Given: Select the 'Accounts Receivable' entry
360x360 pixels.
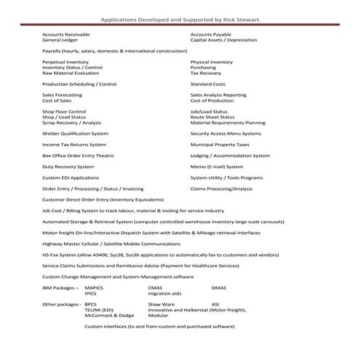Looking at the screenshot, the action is click(66, 34).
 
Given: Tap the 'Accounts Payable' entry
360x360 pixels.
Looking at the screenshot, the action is click(212, 34).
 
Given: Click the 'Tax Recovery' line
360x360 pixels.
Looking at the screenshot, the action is click(206, 73).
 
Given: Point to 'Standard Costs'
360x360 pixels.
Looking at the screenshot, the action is click(208, 84).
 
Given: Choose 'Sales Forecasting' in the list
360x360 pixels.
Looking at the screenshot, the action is click(63, 95).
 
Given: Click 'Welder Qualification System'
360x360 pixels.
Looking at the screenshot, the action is click(75, 133).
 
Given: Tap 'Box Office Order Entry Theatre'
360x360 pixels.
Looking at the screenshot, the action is click(78, 155).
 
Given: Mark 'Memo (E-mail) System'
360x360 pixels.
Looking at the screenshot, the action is click(222, 166).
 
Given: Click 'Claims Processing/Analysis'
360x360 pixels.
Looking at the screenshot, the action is click(221, 188).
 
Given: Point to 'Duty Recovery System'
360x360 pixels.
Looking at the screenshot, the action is click(68, 166).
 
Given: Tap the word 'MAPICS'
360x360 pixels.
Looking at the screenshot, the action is click(95, 288).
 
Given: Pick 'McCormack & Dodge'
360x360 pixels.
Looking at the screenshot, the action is click(109, 316).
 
